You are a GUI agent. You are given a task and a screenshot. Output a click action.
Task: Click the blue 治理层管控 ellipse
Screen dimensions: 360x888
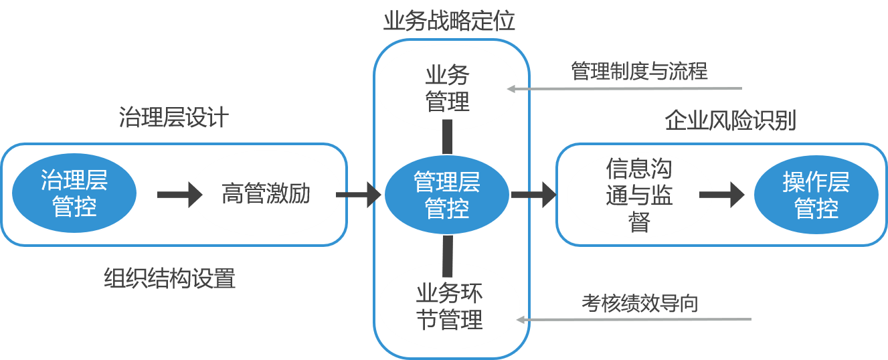tap(74, 193)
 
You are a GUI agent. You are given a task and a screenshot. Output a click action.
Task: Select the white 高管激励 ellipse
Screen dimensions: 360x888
tap(266, 195)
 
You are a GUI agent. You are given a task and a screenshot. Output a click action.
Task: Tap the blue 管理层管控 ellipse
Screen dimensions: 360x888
tap(447, 195)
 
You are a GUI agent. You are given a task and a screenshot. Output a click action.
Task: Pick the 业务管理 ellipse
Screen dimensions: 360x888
tap(447, 88)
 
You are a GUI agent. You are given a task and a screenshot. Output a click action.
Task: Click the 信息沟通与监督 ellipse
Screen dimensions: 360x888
tap(639, 195)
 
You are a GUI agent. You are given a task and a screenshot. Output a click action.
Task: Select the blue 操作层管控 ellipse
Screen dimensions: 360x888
tap(816, 195)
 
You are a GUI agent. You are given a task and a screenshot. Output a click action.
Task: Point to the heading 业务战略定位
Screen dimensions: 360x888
tap(449, 21)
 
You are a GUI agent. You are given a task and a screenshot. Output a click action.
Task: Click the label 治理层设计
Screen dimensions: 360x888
tap(174, 118)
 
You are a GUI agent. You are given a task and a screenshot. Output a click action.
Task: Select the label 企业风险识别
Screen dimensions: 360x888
tap(730, 120)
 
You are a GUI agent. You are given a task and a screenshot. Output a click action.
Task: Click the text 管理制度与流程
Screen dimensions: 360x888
tap(639, 71)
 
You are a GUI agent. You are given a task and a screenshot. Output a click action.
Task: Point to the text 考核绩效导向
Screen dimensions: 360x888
tap(640, 303)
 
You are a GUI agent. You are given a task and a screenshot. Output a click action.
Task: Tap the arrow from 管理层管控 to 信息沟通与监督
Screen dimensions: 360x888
tap(533, 195)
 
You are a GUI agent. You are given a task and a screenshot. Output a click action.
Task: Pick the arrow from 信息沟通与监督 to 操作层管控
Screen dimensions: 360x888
tap(721, 195)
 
